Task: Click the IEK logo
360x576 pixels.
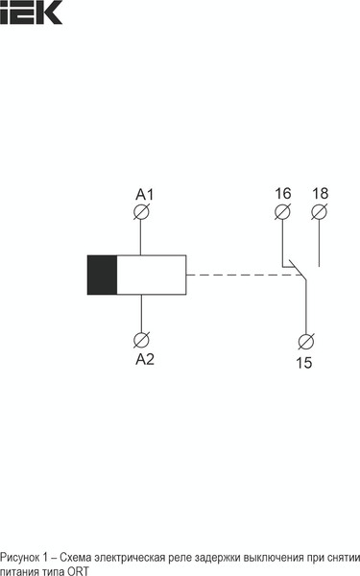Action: point(32,12)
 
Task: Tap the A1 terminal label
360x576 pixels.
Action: point(144,195)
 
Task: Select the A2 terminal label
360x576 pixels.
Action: point(144,359)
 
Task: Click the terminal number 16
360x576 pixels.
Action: point(281,194)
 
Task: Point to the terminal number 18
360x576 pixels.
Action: point(320,194)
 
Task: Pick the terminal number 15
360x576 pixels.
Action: point(303,362)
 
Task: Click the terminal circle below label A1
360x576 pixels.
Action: point(143,212)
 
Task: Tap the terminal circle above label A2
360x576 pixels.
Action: point(143,340)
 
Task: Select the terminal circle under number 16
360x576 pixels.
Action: point(281,211)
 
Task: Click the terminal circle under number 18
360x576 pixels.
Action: point(320,211)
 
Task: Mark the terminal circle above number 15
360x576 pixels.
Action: point(305,341)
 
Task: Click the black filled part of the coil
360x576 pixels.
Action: point(101,275)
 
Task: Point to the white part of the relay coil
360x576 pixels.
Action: point(152,275)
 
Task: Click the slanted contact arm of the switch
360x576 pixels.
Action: point(297,274)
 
